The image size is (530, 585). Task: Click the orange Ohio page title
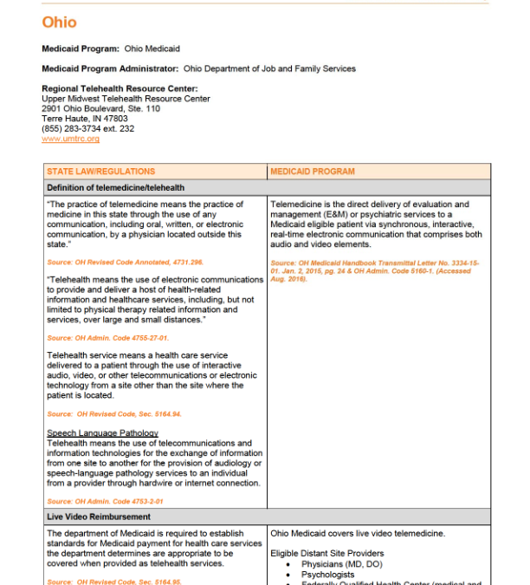(x=59, y=23)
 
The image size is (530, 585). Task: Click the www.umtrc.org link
(x=70, y=139)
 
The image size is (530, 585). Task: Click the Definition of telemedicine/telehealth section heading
(x=115, y=187)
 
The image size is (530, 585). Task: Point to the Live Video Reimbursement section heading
(x=99, y=517)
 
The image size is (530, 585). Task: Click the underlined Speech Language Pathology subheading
(x=102, y=433)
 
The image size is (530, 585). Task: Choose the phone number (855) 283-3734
(x=87, y=129)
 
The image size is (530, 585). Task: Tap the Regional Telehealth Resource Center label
(x=120, y=88)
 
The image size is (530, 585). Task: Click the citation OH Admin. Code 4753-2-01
(x=105, y=501)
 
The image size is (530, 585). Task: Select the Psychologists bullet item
(x=327, y=575)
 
